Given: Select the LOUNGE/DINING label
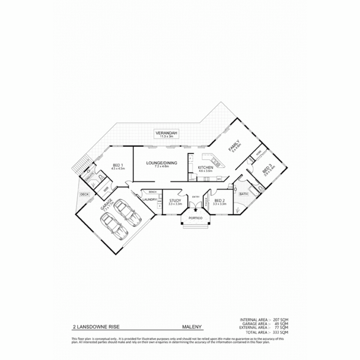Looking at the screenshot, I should [161, 163].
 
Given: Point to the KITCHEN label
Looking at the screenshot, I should [205, 167].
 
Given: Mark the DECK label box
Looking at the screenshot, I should [83, 194].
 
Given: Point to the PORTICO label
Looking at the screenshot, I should [196, 218].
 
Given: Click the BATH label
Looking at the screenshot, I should [243, 194].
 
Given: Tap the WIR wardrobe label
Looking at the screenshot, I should [106, 189].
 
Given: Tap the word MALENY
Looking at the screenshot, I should [192, 327].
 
